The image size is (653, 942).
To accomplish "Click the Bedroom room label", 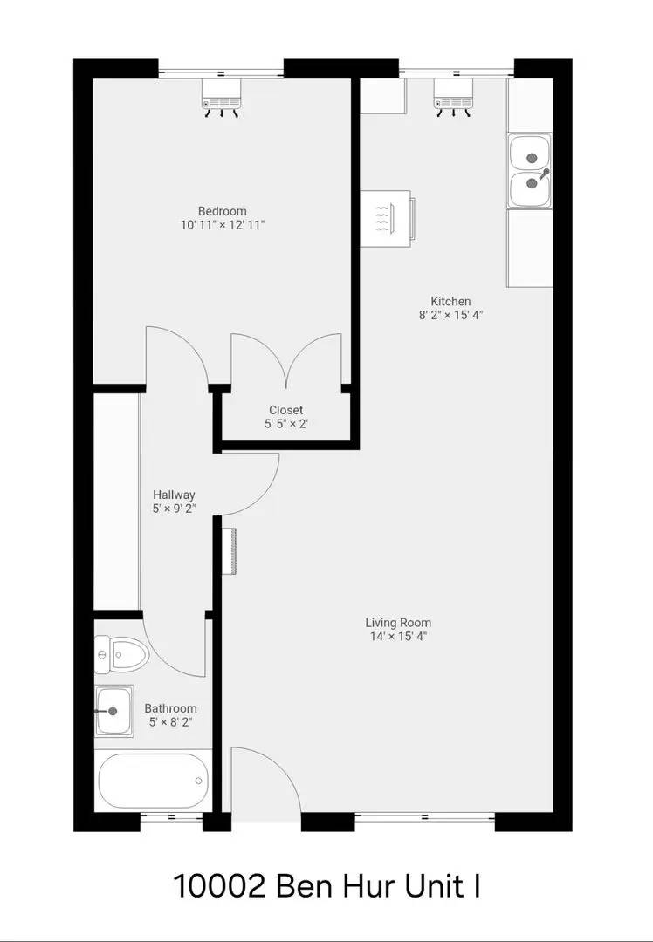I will (222, 211).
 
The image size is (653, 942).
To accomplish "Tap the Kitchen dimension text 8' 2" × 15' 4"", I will (450, 316).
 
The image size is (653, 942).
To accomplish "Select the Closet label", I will (285, 410).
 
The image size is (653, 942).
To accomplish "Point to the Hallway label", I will (174, 495).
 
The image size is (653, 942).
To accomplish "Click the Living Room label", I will (398, 623).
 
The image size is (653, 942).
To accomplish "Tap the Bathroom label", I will (170, 708).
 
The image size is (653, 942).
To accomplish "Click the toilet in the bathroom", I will (120, 653).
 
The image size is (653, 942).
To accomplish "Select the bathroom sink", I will (113, 711).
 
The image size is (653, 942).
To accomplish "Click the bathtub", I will (154, 781).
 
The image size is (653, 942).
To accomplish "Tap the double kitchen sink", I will (530, 172).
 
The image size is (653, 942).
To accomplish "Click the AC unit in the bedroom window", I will (221, 96).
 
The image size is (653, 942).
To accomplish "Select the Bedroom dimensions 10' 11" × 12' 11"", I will (222, 225).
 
